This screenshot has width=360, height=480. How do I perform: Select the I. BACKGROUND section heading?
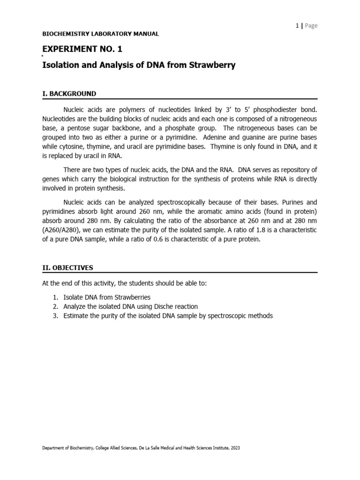pos(69,94)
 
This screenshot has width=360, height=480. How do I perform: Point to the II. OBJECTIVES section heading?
pos(67,268)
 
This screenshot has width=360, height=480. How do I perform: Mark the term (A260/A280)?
pos(61,230)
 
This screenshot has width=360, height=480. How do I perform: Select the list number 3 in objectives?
pos(54,315)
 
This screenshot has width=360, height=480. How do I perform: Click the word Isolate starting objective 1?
pos(74,297)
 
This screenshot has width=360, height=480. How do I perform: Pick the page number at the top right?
pos(297,26)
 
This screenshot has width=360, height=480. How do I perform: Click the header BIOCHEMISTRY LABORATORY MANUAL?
pos(100,34)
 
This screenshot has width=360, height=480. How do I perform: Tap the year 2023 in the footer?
pos(234,448)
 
